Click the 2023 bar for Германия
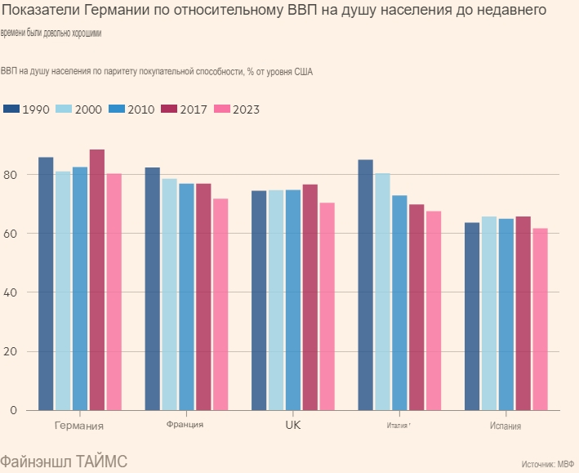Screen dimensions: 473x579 pos(114,292)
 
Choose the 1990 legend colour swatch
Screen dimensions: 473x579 pos(11,109)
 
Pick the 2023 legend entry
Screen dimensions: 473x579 pos(237,109)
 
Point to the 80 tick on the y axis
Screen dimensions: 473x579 pos(11,175)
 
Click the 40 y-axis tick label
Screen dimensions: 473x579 pos(11,292)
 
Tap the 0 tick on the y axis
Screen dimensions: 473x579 pos(14,411)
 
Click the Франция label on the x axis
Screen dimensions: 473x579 pos(185,425)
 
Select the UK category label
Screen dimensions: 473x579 pos(293,426)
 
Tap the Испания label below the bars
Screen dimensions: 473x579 pos(506,426)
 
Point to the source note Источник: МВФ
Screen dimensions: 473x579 pos(547,464)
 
